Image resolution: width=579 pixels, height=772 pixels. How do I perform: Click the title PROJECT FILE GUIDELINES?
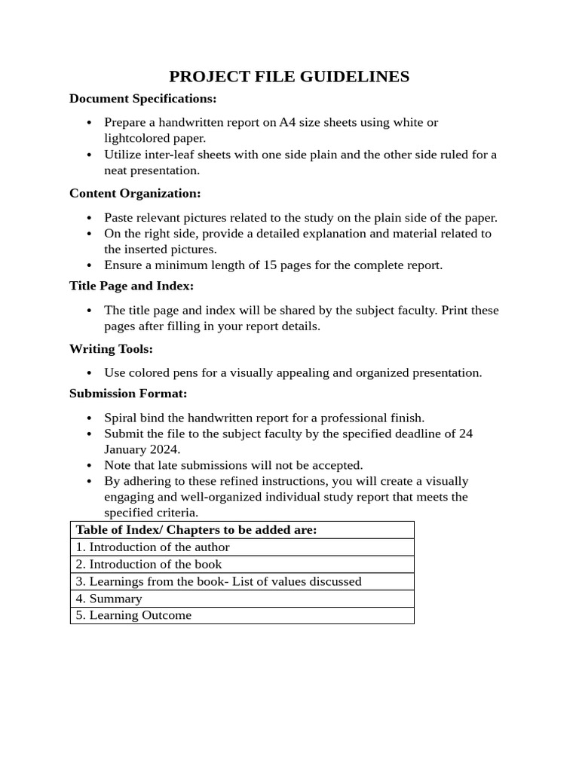(289, 76)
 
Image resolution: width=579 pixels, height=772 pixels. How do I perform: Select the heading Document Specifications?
(142, 99)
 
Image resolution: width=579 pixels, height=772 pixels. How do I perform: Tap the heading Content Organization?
(135, 194)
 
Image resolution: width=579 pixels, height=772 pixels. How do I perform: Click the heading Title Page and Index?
(131, 286)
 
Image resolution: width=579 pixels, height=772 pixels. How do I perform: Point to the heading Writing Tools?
(111, 349)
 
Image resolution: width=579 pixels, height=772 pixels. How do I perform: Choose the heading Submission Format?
(128, 394)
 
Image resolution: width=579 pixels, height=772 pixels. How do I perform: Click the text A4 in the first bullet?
(287, 122)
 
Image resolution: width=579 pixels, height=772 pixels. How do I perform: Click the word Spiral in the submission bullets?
(121, 418)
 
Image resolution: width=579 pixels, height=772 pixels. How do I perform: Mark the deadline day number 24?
(465, 433)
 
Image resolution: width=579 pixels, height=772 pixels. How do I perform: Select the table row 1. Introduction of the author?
(152, 547)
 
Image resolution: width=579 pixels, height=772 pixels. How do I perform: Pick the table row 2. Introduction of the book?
(149, 565)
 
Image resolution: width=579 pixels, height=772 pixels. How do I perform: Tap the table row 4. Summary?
(109, 599)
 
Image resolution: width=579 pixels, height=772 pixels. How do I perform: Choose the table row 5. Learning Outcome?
(133, 616)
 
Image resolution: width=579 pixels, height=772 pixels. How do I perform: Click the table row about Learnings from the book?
(219, 581)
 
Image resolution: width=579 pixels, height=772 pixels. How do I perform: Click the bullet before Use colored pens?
(89, 373)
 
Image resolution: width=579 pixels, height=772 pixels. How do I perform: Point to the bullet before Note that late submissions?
(89, 466)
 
